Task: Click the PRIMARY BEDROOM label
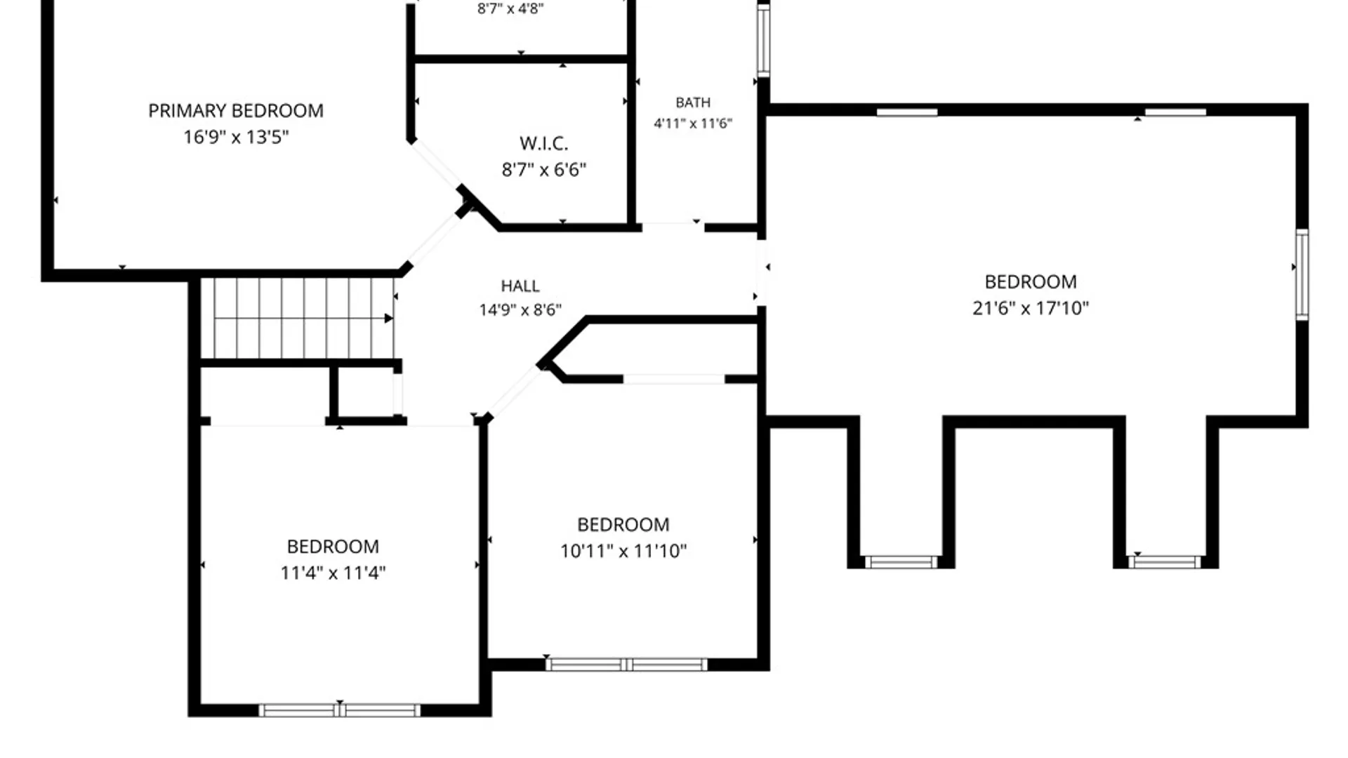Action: point(236,111)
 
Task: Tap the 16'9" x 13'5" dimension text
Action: point(236,137)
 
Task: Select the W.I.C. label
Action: point(544,144)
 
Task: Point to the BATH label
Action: point(693,102)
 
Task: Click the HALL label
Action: point(520,286)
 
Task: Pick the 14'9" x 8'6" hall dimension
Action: point(520,310)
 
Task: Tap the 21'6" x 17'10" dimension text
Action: point(1031,307)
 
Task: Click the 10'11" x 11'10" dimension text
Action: point(623,551)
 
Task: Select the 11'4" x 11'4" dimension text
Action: point(333,573)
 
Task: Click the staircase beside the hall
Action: point(298,318)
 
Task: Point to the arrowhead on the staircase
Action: point(388,319)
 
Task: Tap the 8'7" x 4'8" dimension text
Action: point(510,8)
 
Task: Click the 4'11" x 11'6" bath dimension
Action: point(693,124)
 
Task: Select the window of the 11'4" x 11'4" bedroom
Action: point(340,710)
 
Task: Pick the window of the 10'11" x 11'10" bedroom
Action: point(626,665)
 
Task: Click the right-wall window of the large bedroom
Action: point(1302,274)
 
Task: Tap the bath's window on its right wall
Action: point(763,39)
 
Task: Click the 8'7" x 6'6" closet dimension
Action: point(544,170)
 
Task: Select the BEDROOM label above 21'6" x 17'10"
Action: point(1031,282)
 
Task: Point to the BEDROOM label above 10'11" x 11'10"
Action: point(623,525)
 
